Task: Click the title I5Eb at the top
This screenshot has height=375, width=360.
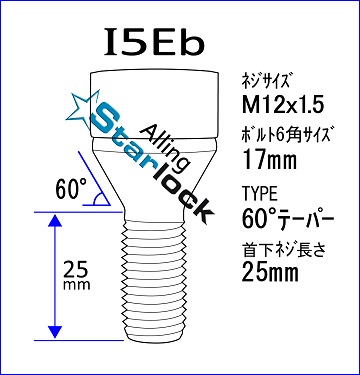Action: [x=154, y=42]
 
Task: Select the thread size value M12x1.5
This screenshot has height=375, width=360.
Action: [x=282, y=106]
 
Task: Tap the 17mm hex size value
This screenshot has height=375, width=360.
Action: [x=269, y=159]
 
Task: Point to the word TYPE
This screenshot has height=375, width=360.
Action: [x=260, y=194]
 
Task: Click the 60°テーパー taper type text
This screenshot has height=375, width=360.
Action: [x=288, y=218]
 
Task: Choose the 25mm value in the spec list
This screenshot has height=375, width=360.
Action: [x=270, y=272]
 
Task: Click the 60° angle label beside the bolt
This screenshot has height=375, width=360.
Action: [x=71, y=188]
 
